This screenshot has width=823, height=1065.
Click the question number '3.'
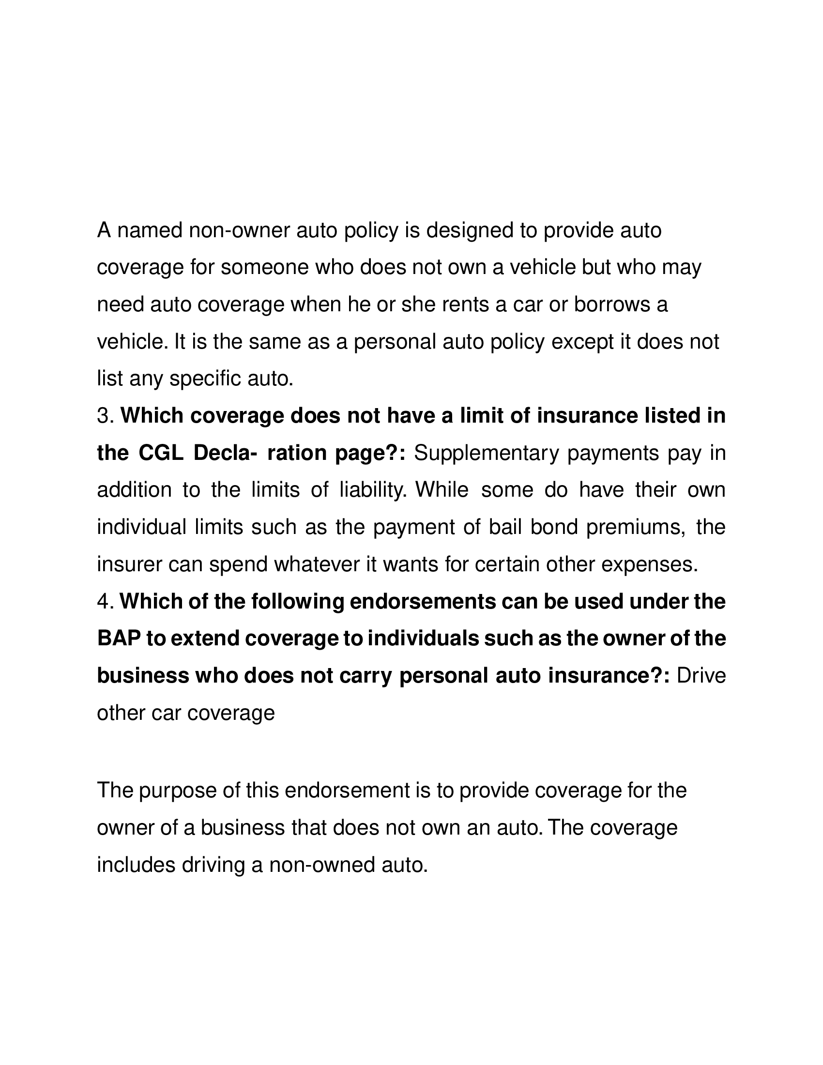click(106, 416)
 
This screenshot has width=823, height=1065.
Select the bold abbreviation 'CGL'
click(161, 453)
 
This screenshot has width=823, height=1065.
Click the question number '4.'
click(106, 602)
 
